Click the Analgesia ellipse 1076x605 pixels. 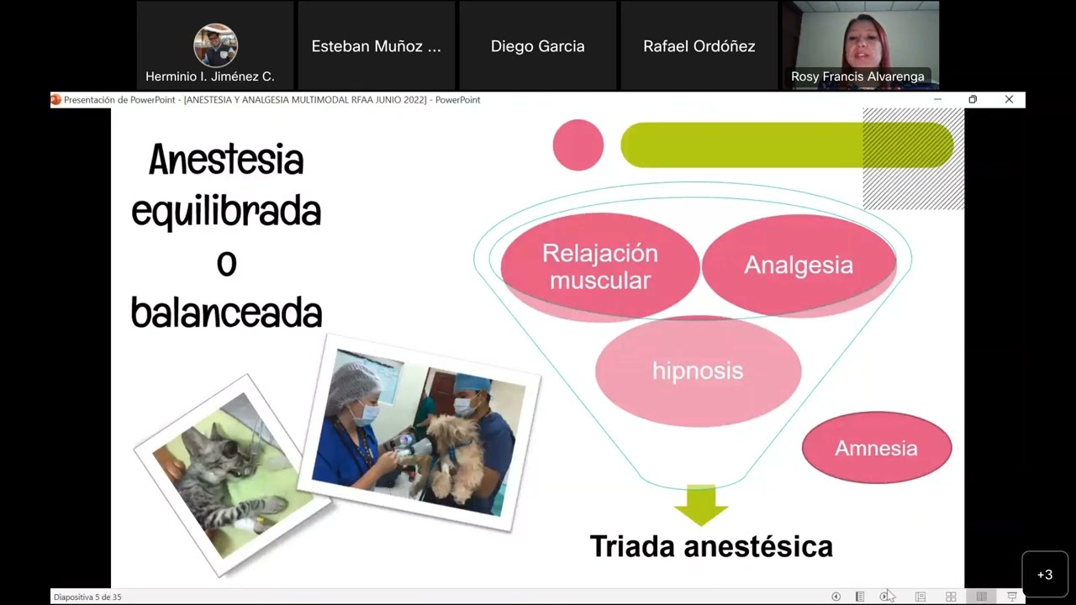799,265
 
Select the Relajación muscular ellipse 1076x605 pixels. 599,266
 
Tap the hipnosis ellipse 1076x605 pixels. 698,371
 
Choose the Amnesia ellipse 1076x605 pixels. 876,448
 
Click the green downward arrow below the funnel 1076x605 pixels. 700,503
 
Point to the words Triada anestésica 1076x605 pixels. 711,546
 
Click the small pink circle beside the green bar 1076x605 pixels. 578,145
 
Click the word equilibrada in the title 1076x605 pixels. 226,212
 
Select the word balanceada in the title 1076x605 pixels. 226,313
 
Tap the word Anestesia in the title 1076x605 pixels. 226,160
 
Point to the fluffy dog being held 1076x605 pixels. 455,454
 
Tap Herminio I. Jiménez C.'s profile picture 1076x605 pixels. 215,45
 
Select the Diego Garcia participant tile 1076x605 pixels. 538,46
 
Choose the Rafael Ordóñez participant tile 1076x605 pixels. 699,46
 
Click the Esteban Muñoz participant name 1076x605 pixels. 377,46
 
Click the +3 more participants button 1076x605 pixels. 1045,575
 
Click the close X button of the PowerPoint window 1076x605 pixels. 1009,99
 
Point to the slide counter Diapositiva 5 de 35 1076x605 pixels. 87,597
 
